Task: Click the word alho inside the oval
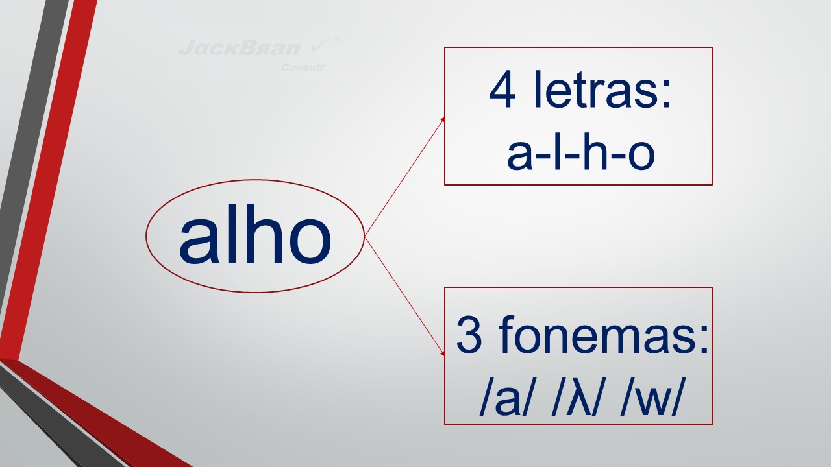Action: point(255,234)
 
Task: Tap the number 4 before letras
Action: point(502,90)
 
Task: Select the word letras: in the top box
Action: point(602,90)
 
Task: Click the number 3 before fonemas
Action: point(469,335)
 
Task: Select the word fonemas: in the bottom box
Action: point(604,335)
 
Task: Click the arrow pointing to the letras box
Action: point(404,177)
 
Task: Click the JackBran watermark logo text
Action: point(240,48)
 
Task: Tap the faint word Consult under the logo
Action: point(303,67)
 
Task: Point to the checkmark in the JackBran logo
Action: point(320,45)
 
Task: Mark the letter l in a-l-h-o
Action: point(557,152)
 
